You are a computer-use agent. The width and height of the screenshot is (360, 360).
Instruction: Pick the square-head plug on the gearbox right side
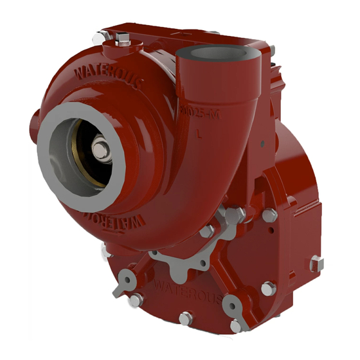pyautogui.click(x=317, y=264)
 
